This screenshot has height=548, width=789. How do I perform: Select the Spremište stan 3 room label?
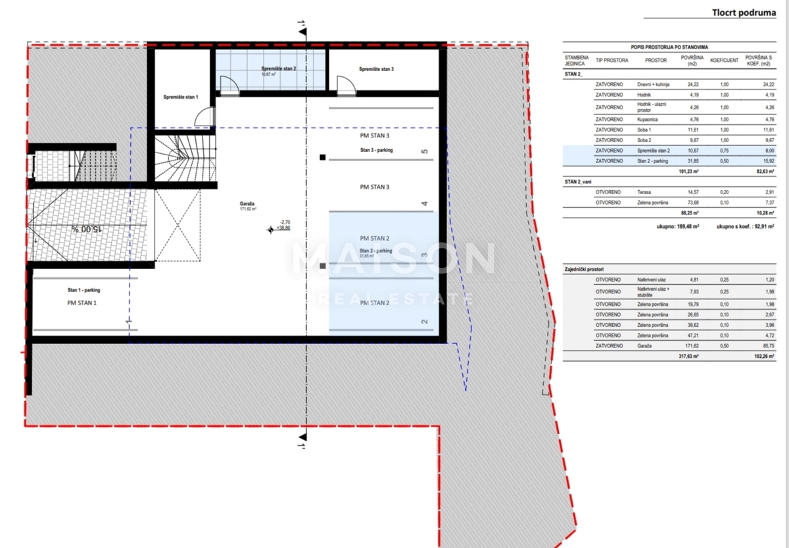pos(376,69)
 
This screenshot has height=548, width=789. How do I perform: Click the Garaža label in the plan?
pos(248,204)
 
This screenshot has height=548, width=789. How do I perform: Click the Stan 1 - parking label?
pos(84,289)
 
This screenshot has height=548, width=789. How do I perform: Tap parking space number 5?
pos(425,152)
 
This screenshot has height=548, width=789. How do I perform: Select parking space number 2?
pos(425,322)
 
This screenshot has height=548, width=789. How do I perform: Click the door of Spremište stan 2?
pos(229,85)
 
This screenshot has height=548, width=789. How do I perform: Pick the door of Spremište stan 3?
pos(345,85)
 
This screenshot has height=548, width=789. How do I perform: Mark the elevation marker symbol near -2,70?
pos(270,230)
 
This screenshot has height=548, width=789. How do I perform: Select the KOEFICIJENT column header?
pos(725,61)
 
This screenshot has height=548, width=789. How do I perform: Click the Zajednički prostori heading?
pos(585,270)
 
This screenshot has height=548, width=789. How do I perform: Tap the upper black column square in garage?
pos(322,157)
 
